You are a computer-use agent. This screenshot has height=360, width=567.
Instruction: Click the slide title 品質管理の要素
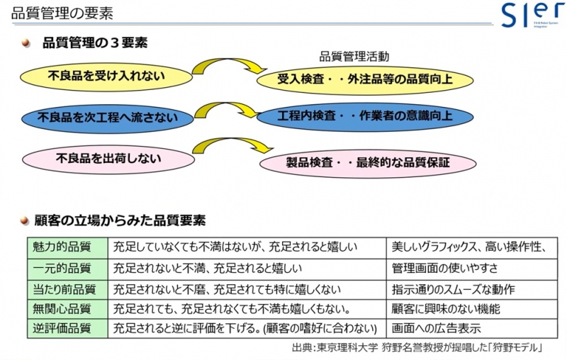(x=62, y=13)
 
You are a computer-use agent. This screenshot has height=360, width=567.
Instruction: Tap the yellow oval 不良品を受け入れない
(x=106, y=77)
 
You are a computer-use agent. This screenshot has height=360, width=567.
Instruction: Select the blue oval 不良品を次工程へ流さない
(x=108, y=118)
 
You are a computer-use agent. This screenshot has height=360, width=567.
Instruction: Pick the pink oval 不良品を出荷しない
(x=108, y=159)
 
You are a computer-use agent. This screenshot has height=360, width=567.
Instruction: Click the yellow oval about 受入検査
(x=365, y=80)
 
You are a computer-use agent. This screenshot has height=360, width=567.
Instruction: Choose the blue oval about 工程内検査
(x=365, y=117)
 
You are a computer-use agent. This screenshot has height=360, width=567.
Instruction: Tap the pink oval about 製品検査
(x=368, y=163)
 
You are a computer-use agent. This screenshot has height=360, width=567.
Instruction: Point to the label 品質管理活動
(x=354, y=57)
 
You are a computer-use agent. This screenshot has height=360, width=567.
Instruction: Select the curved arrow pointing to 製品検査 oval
(x=232, y=140)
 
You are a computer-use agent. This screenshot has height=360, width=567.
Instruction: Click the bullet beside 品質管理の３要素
(x=26, y=43)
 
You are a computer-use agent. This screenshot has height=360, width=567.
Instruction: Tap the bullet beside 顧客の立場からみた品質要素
(x=25, y=220)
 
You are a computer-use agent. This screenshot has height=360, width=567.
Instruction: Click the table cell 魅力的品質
(x=67, y=248)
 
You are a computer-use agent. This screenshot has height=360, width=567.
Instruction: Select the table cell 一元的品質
(x=67, y=269)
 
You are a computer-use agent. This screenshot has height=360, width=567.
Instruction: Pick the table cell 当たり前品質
(x=67, y=290)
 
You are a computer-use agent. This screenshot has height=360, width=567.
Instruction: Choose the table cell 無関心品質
(x=67, y=309)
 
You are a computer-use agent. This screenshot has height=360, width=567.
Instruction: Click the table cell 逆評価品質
(x=67, y=329)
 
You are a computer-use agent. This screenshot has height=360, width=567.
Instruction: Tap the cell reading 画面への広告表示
(x=472, y=329)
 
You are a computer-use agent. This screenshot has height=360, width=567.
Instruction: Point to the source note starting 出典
(x=417, y=348)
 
